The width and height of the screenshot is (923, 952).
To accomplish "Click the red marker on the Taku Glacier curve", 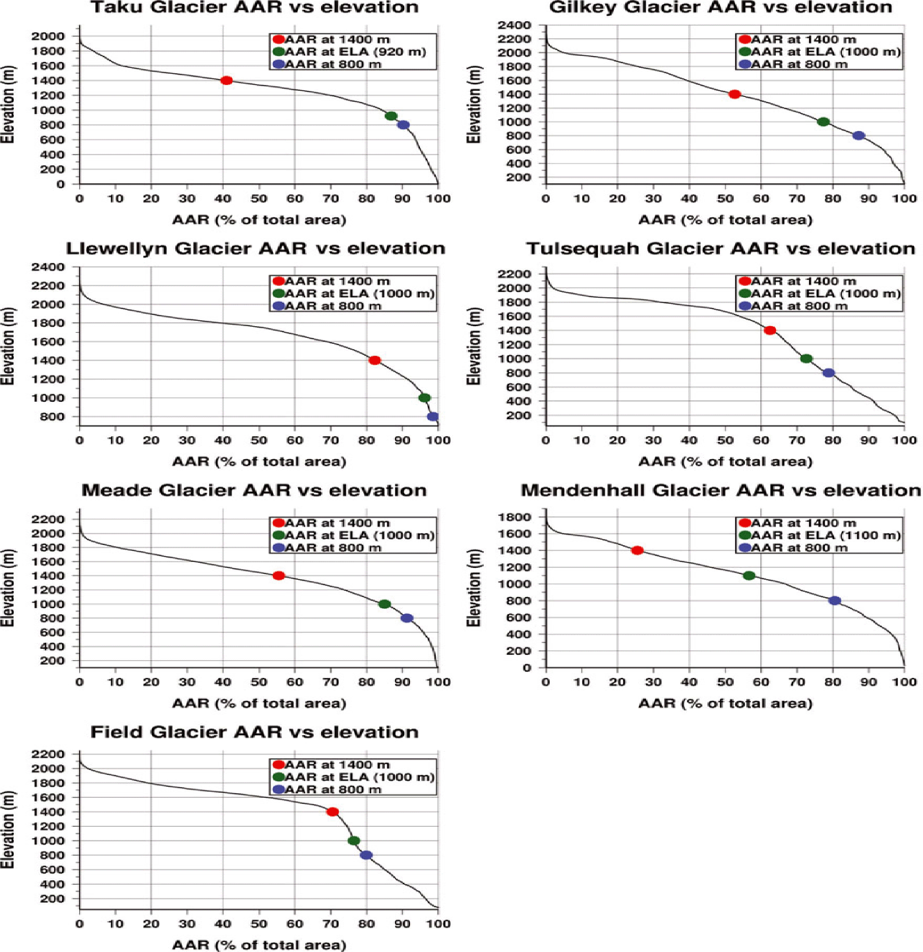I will coord(226,80).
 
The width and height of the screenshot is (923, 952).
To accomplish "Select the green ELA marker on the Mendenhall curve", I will coord(749,576).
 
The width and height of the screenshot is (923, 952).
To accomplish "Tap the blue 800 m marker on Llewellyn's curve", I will coord(432,416).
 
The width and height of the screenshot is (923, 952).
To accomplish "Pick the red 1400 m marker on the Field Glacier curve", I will coord(332,812).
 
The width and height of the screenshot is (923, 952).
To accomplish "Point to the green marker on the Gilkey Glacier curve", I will coord(823,122).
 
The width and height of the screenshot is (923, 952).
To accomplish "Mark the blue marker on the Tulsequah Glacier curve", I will coord(829,373).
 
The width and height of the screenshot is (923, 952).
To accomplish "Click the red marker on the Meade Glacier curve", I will coord(279,576).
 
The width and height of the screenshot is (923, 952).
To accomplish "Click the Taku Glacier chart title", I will coord(254,8).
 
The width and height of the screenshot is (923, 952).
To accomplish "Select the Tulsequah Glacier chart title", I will coord(721,249).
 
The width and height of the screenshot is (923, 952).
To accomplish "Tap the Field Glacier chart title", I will coord(254,733).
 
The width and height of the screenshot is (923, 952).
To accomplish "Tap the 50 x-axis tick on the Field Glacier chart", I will coord(259,924).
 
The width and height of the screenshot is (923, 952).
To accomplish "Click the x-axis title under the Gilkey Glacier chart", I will coord(725,220).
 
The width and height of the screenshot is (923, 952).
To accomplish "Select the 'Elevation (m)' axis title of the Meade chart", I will coord(8,588).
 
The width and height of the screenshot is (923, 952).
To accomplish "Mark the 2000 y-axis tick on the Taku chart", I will coord(48,36).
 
